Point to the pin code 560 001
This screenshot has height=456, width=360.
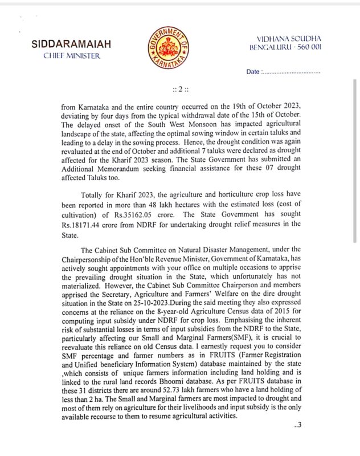point(305,46)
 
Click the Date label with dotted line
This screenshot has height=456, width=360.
point(283,72)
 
